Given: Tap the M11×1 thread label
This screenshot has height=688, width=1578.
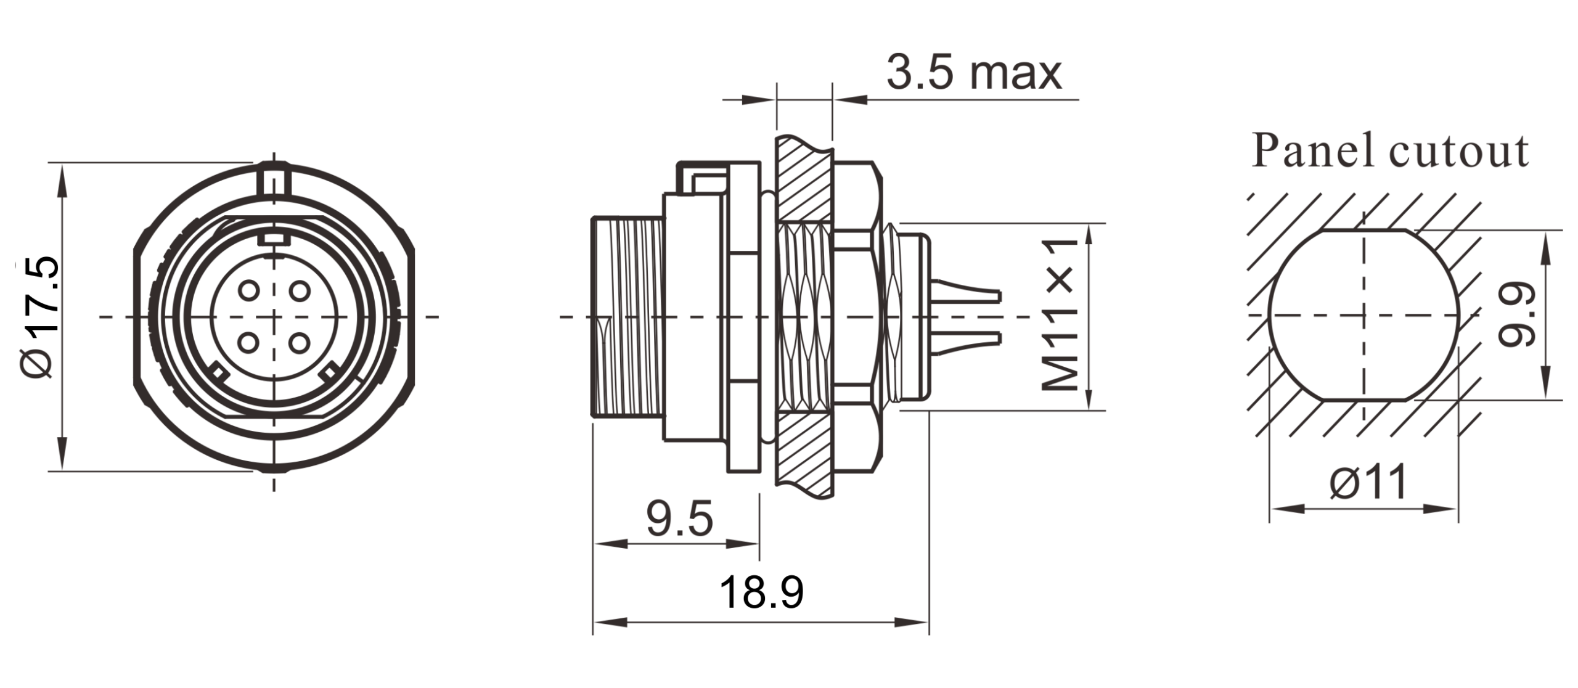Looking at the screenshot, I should pyautogui.click(x=1059, y=316).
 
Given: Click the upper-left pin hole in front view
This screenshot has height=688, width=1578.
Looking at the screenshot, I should pyautogui.click(x=249, y=290).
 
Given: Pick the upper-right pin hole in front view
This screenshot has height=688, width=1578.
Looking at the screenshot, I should pyautogui.click(x=299, y=290).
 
